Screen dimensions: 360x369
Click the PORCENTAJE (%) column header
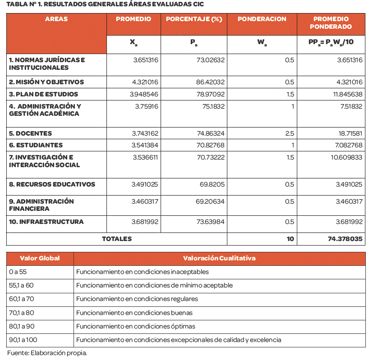tap(194, 19)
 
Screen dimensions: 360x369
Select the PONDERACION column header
tap(262, 19)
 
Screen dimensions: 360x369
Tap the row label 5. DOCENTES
tap(31, 133)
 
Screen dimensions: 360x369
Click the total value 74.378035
tap(346, 239)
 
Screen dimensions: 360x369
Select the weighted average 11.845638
tap(346, 94)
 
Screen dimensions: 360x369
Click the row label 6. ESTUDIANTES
tap(36, 145)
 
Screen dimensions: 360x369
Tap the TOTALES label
tap(117, 239)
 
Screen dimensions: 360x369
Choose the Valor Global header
tap(40, 258)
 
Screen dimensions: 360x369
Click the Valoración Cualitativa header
tap(219, 258)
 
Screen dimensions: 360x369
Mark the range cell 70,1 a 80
tap(22, 313)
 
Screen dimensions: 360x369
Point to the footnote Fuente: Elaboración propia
tap(47, 353)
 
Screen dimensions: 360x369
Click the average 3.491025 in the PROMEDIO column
tap(144, 184)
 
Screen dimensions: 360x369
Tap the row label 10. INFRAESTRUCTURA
tap(46, 222)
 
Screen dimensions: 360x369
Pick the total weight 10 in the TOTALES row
tap(290, 239)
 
